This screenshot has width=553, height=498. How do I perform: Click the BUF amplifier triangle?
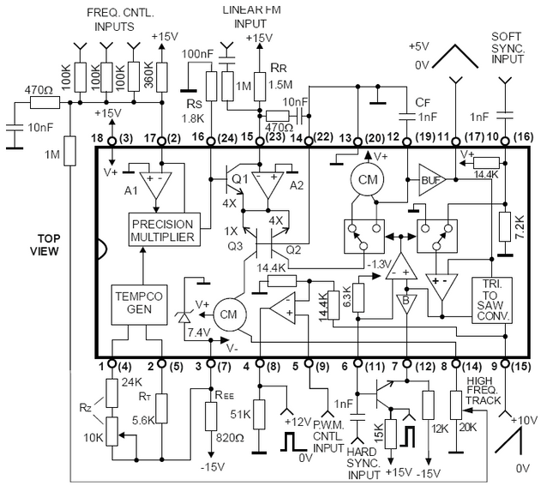(x=430, y=180)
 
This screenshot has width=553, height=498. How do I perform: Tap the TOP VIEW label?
(x=41, y=244)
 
